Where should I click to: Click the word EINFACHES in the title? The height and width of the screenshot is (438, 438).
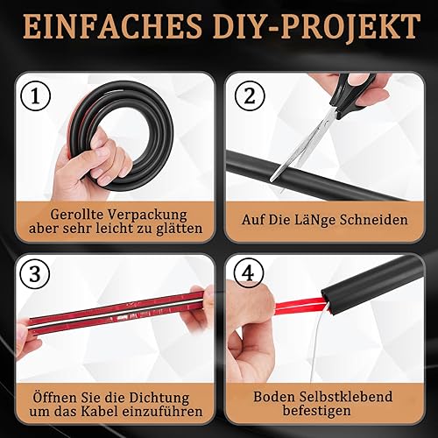[112, 27]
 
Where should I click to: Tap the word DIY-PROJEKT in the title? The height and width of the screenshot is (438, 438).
[317, 27]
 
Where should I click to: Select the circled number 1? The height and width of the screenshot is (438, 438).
[36, 96]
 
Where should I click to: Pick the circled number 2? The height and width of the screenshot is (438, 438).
[250, 95]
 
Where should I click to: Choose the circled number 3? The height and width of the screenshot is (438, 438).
[35, 273]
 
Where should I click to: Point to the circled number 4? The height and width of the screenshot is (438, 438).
[249, 273]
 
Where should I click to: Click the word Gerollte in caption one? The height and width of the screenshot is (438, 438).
[77, 214]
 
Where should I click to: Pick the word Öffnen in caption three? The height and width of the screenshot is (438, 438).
[52, 397]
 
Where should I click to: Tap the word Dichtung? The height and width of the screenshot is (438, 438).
[159, 398]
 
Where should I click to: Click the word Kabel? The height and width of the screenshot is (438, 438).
[101, 412]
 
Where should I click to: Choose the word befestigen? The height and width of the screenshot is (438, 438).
[316, 411]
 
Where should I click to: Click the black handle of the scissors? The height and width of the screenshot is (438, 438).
[354, 95]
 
